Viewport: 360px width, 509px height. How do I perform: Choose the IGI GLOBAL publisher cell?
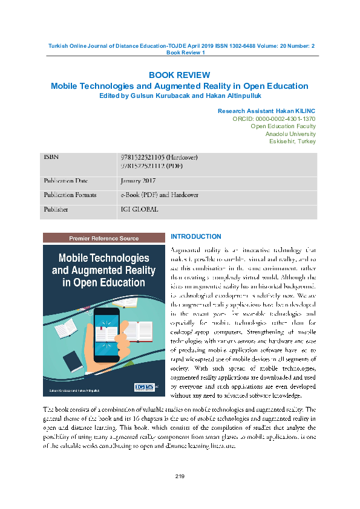point(139,210)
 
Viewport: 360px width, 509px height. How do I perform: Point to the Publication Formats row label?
point(68,195)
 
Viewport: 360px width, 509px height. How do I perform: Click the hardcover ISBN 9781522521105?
point(159,158)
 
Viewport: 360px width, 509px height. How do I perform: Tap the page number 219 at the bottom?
point(180,478)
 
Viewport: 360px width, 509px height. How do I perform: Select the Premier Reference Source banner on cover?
point(104,238)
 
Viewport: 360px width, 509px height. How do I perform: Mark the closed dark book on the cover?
point(72,361)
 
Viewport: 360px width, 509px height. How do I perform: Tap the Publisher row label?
point(56,210)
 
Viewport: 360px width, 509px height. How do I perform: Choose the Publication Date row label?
point(65,181)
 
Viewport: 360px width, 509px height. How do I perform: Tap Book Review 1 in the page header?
point(186,53)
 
